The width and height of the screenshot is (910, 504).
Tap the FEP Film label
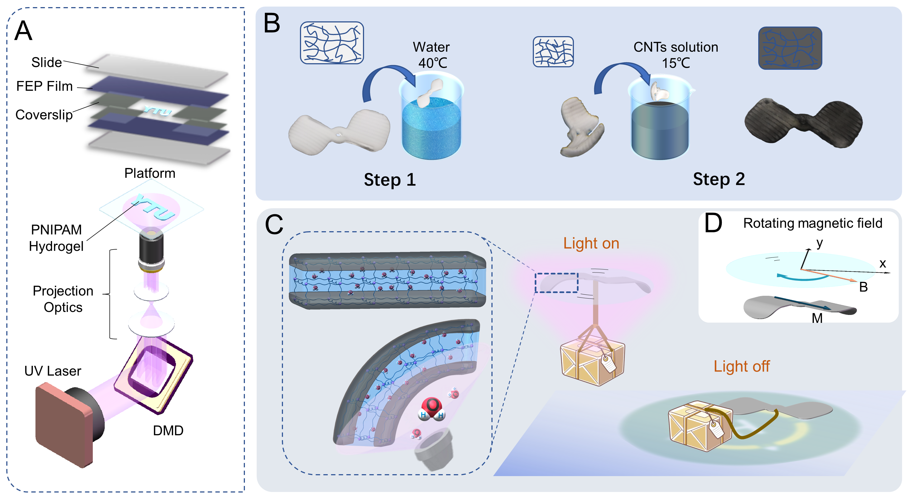click(44, 86)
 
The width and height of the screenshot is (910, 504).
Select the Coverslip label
click(44, 115)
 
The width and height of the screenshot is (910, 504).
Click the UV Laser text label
click(53, 371)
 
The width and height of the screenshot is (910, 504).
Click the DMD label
click(168, 431)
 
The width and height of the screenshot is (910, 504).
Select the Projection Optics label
click(63, 299)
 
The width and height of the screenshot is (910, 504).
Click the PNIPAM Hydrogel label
click(56, 238)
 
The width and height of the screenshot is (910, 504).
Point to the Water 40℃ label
click(432, 55)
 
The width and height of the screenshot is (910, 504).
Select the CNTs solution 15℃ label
click(676, 55)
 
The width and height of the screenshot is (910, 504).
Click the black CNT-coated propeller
click(803, 122)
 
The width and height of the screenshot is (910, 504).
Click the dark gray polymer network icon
click(790, 48)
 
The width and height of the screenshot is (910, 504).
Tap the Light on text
click(591, 243)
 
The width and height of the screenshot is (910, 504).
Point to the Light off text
click(742, 366)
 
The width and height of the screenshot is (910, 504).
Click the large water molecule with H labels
click(432, 409)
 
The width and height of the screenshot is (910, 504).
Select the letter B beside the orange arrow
click(863, 287)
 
